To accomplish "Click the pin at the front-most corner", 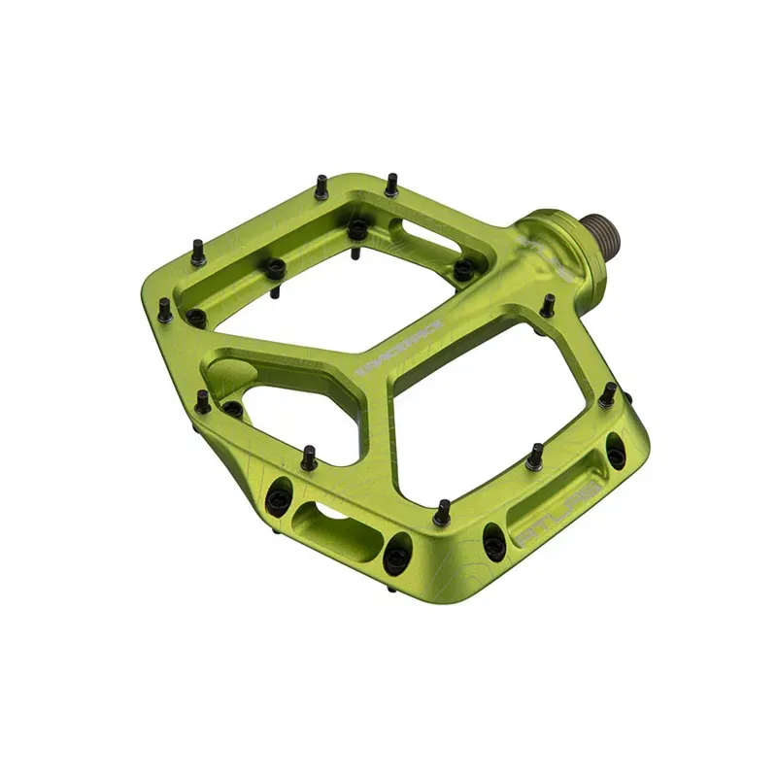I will coord(443,511).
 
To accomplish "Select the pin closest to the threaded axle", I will coord(548,304).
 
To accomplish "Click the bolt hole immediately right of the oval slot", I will coord(397,557).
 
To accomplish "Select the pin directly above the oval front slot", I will coord(308,456).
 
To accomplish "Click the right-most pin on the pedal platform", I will coord(608,394).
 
